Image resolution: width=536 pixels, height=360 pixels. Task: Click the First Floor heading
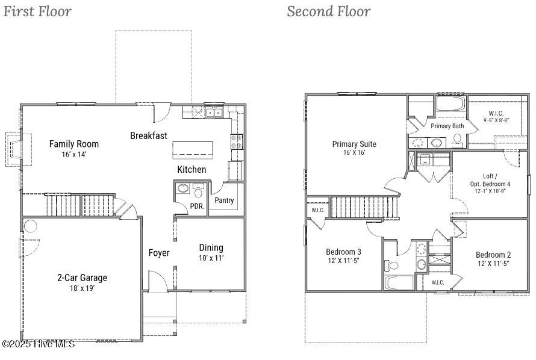[37, 11]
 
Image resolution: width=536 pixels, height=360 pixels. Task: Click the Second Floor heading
[328, 11]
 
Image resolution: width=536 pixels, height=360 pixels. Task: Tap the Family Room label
[74, 144]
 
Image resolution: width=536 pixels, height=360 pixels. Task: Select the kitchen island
[193, 151]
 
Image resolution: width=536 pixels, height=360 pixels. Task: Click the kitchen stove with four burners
[237, 141]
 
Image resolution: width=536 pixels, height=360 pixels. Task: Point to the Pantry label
[224, 200]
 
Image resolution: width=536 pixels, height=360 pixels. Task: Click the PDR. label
[198, 206]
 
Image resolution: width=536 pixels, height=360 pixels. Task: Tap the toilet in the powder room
[198, 191]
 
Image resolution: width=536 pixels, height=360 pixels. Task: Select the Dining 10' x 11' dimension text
[211, 258]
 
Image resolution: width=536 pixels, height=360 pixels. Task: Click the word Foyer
[159, 253]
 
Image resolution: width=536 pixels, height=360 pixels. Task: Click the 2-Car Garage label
[82, 278]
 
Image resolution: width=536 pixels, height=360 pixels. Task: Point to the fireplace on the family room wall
[18, 150]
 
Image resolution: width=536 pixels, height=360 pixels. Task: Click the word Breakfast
[149, 135]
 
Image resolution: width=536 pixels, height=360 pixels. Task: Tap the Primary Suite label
[354, 144]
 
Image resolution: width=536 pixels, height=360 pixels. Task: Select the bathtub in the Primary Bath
[450, 104]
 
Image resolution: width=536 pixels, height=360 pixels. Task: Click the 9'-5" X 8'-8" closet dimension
[496, 120]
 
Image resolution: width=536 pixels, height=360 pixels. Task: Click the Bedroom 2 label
[493, 255]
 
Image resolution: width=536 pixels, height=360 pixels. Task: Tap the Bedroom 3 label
[343, 252]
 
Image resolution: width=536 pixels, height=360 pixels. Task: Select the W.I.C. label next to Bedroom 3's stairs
[318, 210]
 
